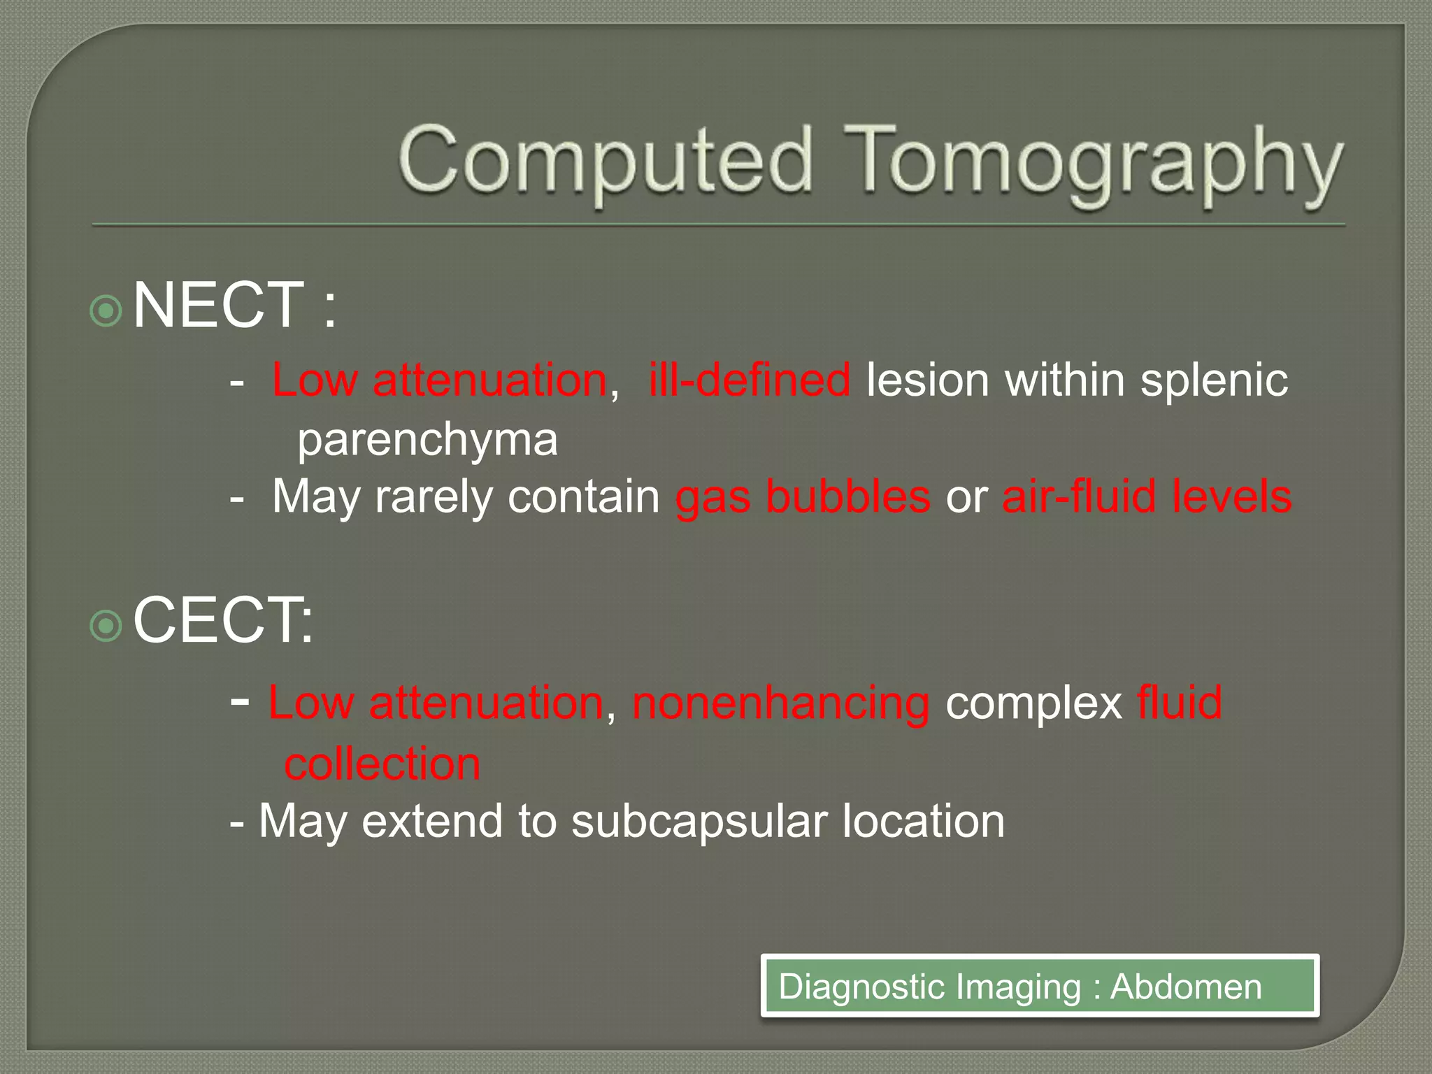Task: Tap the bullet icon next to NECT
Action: click(107, 310)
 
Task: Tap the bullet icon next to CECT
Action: click(107, 625)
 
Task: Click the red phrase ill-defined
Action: click(750, 380)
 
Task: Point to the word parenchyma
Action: click(427, 440)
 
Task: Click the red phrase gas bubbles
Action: click(803, 496)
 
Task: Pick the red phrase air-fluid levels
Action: click(1147, 496)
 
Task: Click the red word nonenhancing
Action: click(781, 703)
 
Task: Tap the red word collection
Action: click(382, 764)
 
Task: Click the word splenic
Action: click(1214, 380)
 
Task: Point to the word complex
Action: click(1034, 703)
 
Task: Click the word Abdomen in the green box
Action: click(1186, 987)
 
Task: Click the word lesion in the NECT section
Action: click(927, 380)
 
